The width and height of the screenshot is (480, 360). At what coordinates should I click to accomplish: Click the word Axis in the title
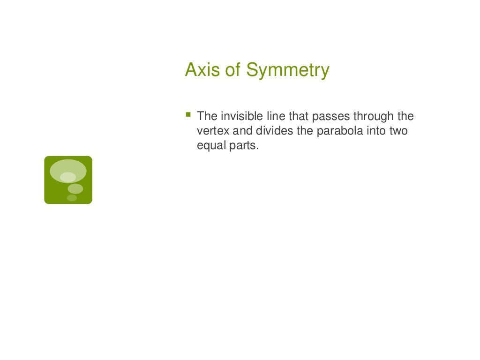coord(200,70)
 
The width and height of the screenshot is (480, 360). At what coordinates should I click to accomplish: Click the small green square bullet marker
coord(188,114)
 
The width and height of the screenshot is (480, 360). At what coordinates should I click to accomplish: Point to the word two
coord(398,131)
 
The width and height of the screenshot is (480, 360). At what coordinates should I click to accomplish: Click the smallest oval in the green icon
coord(72,198)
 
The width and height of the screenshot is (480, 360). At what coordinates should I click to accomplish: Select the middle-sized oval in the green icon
coord(75,188)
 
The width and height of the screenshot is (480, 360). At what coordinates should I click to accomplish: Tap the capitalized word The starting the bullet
coord(206,116)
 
